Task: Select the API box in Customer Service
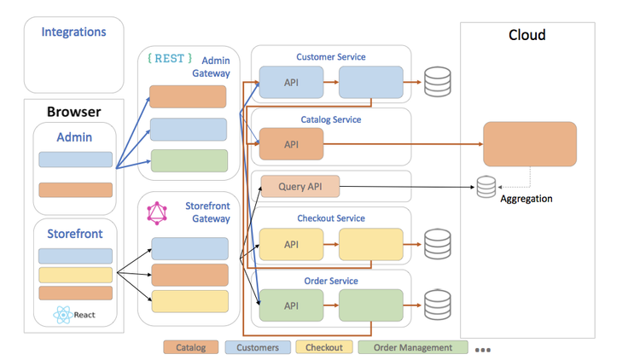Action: tap(291, 83)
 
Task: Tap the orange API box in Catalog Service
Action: tap(291, 144)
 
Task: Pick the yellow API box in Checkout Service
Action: tap(291, 244)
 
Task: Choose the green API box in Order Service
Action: tap(291, 305)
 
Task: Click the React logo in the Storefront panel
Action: tap(61, 315)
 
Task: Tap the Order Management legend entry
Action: tap(413, 347)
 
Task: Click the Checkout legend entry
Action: tap(323, 347)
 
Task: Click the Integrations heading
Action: tap(74, 32)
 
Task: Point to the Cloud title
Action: tap(527, 36)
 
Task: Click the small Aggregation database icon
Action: tap(486, 185)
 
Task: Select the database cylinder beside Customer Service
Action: tap(437, 83)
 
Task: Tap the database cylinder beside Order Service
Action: tap(437, 305)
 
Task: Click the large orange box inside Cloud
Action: tap(529, 144)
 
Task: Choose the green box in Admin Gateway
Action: tap(189, 160)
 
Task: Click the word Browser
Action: tap(73, 112)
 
